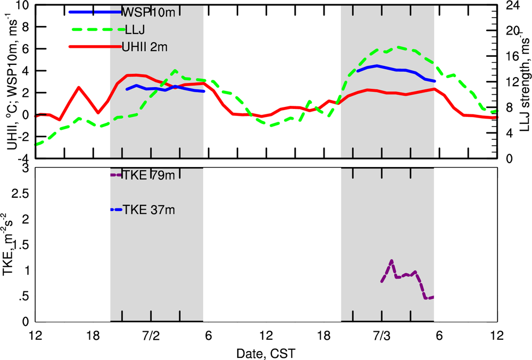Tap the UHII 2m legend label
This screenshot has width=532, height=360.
145,47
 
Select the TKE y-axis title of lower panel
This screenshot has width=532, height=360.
12,245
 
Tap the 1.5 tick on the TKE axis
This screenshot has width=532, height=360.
21,245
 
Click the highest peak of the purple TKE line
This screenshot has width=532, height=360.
392,261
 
